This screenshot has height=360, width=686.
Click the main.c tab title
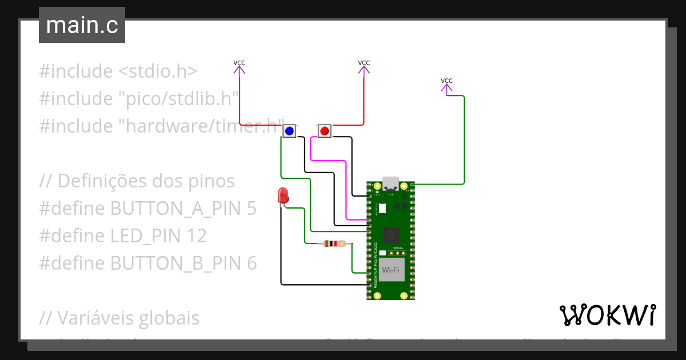click(x=82, y=25)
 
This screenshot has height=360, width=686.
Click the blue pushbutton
click(x=289, y=131)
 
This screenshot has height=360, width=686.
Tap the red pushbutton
click(x=325, y=131)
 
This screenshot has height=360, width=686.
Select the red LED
click(x=282, y=196)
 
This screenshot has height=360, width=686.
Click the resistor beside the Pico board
click(x=334, y=244)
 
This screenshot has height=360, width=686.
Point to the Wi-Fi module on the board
click(x=390, y=269)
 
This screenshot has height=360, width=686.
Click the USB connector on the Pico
click(x=390, y=184)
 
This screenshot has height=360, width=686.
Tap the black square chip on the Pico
click(x=391, y=234)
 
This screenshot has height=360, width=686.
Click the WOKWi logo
click(x=607, y=315)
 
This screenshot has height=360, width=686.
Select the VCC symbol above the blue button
click(x=239, y=67)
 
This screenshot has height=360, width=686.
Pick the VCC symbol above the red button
click(x=364, y=67)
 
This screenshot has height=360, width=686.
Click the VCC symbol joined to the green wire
click(x=446, y=85)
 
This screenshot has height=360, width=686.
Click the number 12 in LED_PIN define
click(x=197, y=236)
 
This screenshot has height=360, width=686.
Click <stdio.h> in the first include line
click(x=158, y=71)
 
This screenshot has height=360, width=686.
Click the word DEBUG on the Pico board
click(x=398, y=248)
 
